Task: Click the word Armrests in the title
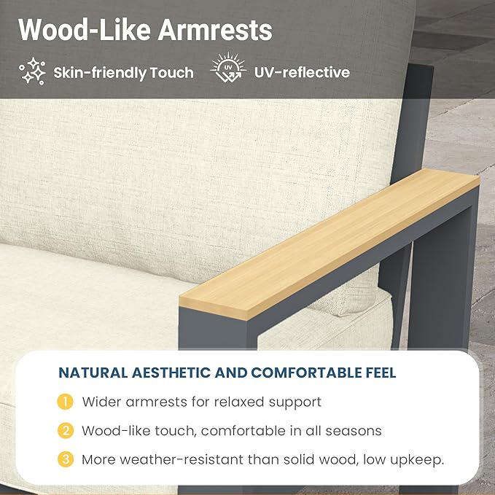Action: click(x=215, y=30)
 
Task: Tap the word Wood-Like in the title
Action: click(x=85, y=30)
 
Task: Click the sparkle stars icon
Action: click(x=32, y=71)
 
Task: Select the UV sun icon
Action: click(x=228, y=67)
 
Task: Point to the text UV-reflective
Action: click(x=302, y=72)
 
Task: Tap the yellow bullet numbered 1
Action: click(x=65, y=402)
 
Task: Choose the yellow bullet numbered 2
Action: click(x=66, y=431)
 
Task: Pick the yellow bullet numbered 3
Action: click(x=66, y=459)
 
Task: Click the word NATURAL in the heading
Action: click(x=93, y=373)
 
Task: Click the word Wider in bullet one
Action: click(x=101, y=402)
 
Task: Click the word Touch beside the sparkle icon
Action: click(x=171, y=73)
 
